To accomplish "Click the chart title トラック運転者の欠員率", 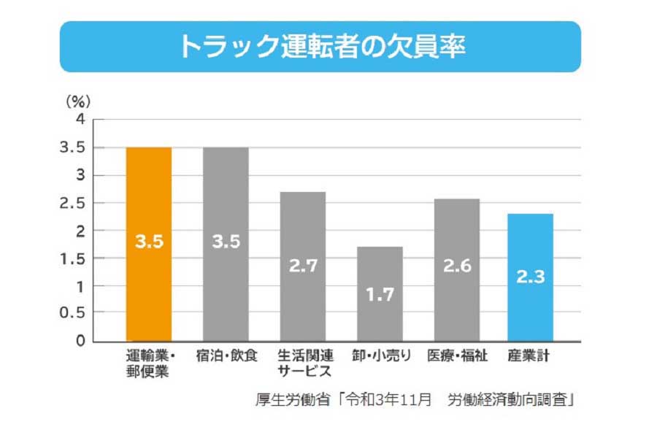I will pyautogui.click(x=321, y=46).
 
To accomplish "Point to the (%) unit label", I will pyautogui.click(x=78, y=101).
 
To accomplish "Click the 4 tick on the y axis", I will pyautogui.click(x=80, y=119).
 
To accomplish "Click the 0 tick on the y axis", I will pyautogui.click(x=80, y=341).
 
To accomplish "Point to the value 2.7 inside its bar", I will pyautogui.click(x=303, y=266).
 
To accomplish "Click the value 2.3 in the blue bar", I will pyautogui.click(x=531, y=277).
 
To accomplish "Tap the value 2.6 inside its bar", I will pyautogui.click(x=457, y=266).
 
